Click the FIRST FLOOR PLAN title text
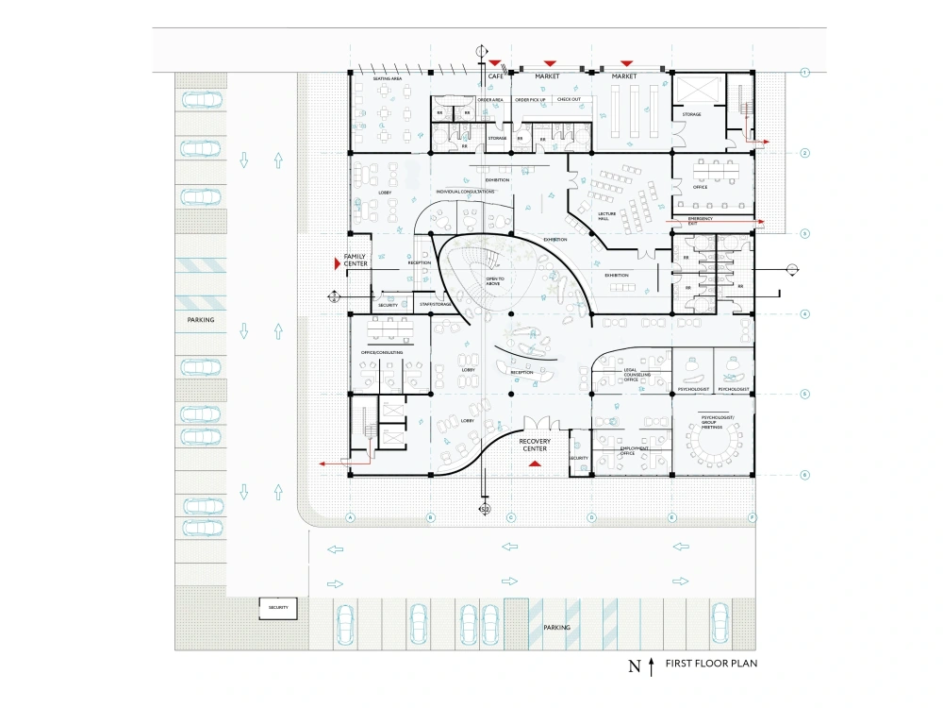click(x=711, y=664)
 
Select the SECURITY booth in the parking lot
click(x=278, y=608)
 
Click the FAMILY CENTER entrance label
click(x=355, y=261)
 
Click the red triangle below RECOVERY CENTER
click(x=535, y=464)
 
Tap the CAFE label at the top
click(x=495, y=76)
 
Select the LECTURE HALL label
click(x=606, y=216)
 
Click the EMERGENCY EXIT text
click(x=700, y=220)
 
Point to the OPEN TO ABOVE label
click(x=495, y=281)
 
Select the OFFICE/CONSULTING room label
click(x=382, y=352)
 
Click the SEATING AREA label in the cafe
click(x=388, y=79)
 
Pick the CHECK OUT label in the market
click(x=569, y=99)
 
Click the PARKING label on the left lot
click(x=200, y=320)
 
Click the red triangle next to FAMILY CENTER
click(x=334, y=266)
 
